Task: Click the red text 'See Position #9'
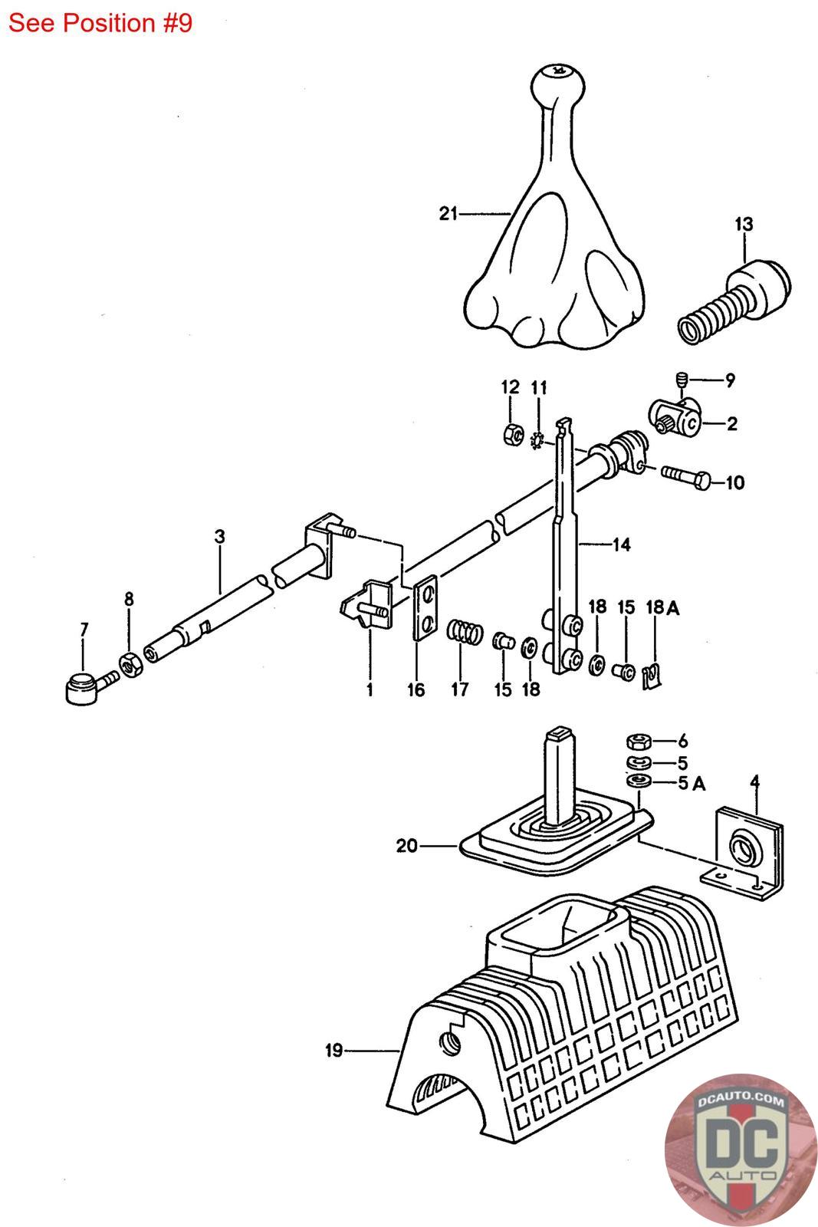(100, 23)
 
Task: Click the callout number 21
(448, 214)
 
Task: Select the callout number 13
(744, 224)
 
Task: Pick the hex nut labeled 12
(511, 434)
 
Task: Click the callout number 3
(220, 536)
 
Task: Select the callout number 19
(333, 1050)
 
